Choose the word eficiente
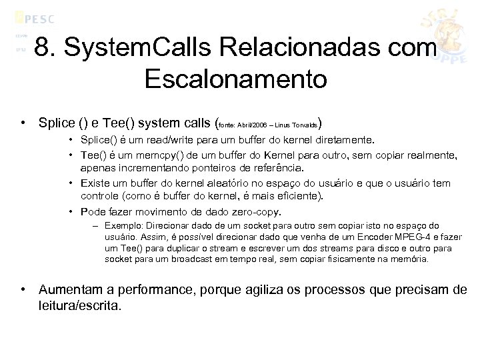point(297,195)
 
